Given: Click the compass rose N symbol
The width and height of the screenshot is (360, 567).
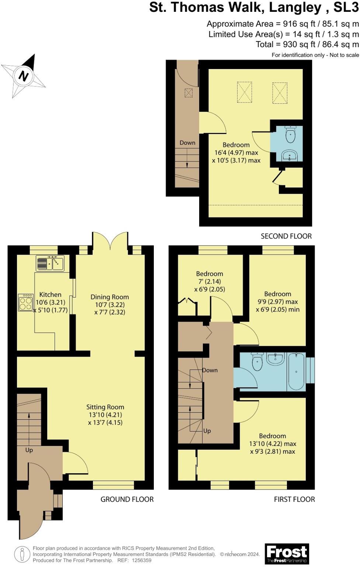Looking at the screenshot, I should (x=24, y=76).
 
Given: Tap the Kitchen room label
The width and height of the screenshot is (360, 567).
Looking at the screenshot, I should (x=50, y=295).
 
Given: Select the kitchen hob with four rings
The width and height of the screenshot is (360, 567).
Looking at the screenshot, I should (x=25, y=303).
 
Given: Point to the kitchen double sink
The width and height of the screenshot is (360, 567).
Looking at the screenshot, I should (x=50, y=264).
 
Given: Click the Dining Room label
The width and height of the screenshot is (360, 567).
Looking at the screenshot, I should (x=110, y=297).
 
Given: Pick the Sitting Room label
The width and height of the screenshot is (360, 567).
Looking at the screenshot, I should (x=105, y=407).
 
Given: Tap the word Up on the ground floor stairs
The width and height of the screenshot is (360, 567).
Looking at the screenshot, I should (x=29, y=450).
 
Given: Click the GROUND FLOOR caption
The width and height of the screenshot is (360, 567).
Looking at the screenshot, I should (x=127, y=499).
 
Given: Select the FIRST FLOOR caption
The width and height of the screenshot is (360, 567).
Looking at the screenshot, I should (x=294, y=499).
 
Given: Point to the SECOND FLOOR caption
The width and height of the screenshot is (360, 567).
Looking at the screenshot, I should (x=286, y=236).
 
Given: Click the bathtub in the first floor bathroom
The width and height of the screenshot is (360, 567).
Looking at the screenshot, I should (x=296, y=372).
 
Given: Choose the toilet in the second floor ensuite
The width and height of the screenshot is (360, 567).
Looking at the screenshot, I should (x=291, y=134).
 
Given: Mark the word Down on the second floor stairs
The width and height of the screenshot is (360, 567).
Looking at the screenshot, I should (x=187, y=142).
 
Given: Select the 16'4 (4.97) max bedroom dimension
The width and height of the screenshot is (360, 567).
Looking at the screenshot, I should (x=236, y=152).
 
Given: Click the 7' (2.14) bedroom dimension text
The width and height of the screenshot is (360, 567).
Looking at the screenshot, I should (x=210, y=282).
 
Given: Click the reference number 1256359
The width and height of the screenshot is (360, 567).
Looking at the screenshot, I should (x=139, y=560).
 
